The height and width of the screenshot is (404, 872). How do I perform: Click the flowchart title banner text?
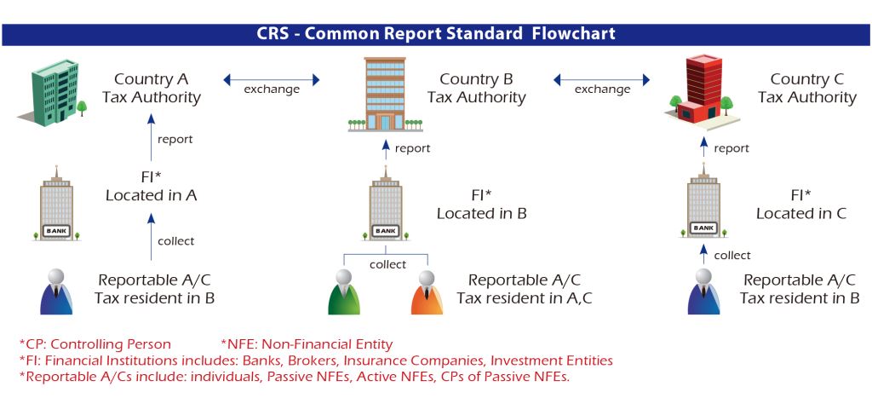tap(436, 33)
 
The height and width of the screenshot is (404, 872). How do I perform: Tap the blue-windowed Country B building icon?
tap(385, 94)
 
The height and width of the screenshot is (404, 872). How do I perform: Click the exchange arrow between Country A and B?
tap(272, 80)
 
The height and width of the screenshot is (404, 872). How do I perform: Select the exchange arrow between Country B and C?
tap(601, 80)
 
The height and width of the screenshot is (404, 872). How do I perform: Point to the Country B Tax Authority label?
tap(477, 89)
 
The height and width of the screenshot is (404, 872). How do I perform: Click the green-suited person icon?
tap(344, 292)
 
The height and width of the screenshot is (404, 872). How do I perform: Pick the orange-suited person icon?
tap(427, 292)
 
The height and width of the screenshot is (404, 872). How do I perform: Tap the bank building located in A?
tap(57, 204)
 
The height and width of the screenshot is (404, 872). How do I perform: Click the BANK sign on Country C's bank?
tap(703, 228)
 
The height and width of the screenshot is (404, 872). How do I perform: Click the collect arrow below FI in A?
tap(151, 237)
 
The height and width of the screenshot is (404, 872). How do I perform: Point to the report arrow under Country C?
tap(703, 147)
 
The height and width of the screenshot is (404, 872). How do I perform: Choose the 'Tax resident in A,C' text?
tap(525, 298)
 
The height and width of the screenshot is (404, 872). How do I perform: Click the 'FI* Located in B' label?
tap(482, 205)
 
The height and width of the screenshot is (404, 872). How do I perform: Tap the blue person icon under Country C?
tap(703, 291)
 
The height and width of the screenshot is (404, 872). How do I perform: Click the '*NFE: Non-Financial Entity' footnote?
tap(307, 343)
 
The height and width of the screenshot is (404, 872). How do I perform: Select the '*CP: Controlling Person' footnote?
tap(95, 343)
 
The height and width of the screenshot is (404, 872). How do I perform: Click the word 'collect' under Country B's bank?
tap(387, 264)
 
